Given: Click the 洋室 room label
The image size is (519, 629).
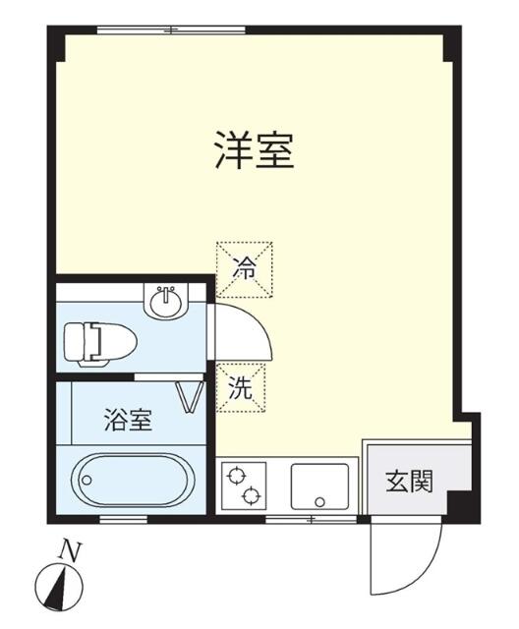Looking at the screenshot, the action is (x=255, y=149).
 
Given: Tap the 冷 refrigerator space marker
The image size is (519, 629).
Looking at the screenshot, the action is (x=244, y=269).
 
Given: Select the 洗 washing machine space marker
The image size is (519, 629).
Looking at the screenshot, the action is (x=241, y=388).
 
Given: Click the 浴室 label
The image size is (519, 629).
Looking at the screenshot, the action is (x=129, y=420).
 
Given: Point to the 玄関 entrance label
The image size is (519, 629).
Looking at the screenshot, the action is (x=409, y=481).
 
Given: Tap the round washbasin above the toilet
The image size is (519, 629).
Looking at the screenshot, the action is (x=166, y=302).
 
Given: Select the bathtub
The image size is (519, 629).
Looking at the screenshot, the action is (x=133, y=480).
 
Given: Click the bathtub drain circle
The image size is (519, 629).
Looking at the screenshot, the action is (x=86, y=481).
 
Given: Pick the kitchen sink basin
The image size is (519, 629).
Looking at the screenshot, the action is (x=319, y=486).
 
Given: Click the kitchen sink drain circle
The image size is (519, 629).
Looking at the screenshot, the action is (x=319, y=501).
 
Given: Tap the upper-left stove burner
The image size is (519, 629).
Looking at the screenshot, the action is (x=236, y=476).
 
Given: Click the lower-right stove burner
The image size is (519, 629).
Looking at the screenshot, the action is (x=252, y=496).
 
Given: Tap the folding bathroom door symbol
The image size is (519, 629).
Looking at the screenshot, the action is (x=191, y=396).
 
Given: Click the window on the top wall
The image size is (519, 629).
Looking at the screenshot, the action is (x=171, y=29).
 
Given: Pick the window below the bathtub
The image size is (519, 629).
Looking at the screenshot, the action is (x=123, y=520).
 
